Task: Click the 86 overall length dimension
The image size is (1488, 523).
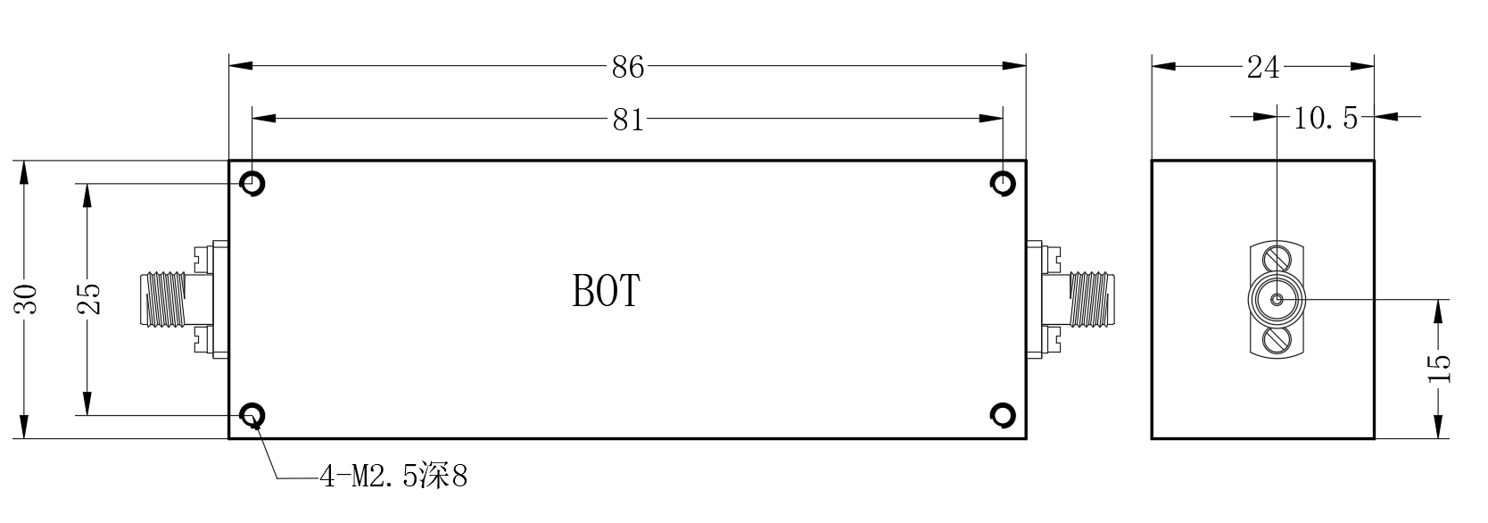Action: click(628, 67)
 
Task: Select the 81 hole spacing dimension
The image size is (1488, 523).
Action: click(628, 120)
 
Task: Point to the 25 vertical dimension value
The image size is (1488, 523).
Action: click(88, 298)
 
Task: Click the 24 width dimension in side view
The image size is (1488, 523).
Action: click(1262, 67)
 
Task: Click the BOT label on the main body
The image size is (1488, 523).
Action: click(606, 290)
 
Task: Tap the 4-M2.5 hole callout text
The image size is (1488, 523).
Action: click(394, 477)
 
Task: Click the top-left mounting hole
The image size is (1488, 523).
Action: click(252, 183)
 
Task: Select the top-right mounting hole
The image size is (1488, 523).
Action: click(1003, 183)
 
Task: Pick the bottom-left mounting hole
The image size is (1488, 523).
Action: click(252, 415)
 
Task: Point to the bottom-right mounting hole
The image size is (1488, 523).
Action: click(1003, 415)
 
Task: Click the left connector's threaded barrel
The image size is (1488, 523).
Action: click(162, 299)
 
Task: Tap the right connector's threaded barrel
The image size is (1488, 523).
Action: click(1092, 299)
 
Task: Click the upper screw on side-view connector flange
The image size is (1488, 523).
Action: click(1277, 259)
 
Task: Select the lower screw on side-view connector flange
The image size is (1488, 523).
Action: click(1277, 341)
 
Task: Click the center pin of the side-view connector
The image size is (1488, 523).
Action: click(1277, 299)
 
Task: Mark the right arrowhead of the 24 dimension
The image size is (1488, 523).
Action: click(1362, 66)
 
